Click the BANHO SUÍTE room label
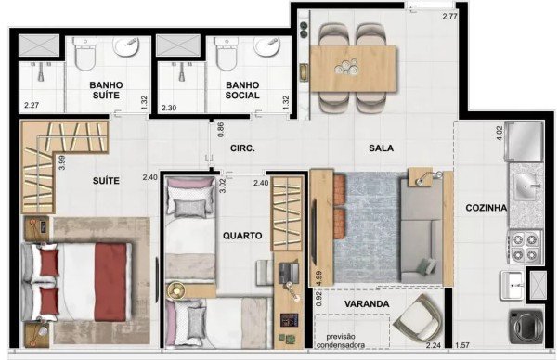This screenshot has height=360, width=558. pyautogui.click(x=106, y=90)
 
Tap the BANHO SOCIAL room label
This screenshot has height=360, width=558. pyautogui.click(x=242, y=90)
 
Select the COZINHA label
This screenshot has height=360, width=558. pyautogui.click(x=487, y=208)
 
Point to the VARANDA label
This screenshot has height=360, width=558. pyautogui.click(x=367, y=303)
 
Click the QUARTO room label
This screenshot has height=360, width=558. pyautogui.click(x=242, y=236)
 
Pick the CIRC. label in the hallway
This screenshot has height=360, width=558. pyautogui.click(x=242, y=148)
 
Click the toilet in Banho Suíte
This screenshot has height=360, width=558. pyautogui.click(x=85, y=53)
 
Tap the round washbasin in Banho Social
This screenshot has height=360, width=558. pyautogui.click(x=266, y=46)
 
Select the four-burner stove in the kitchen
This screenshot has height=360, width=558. pyautogui.click(x=525, y=247)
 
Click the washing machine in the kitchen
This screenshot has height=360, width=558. pyautogui.click(x=526, y=327)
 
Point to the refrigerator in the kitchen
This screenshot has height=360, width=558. pyautogui.click(x=524, y=140)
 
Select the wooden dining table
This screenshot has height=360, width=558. pyautogui.click(x=353, y=69)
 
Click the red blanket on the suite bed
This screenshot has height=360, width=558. pyautogui.click(x=110, y=282)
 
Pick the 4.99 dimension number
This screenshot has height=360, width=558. pyautogui.click(x=318, y=278)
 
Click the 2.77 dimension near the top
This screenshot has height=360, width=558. pyautogui.click(x=449, y=16)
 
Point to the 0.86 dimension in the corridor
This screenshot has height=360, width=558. pyautogui.click(x=220, y=130)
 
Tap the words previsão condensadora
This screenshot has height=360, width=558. pyautogui.click(x=341, y=341)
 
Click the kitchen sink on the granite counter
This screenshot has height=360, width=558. pyautogui.click(x=526, y=186)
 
